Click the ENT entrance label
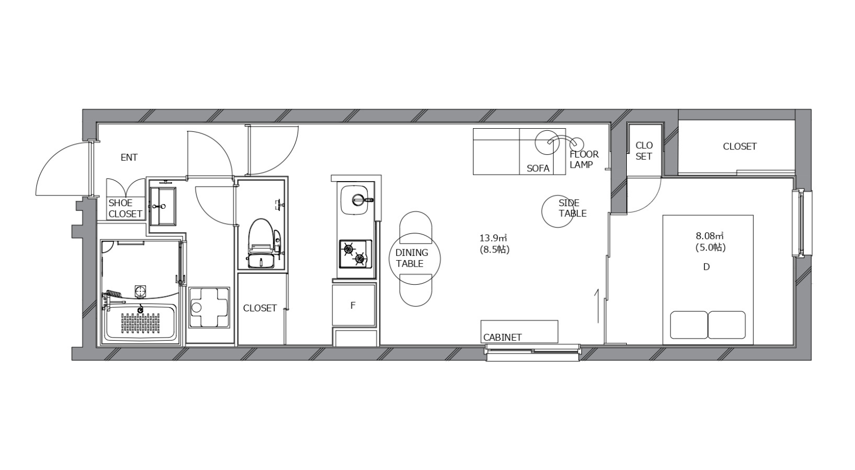129,157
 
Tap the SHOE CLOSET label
125,208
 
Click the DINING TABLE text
411,258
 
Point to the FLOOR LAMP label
584,160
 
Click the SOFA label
538,168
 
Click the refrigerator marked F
354,305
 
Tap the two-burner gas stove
355,254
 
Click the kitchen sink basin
355,200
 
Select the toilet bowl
261,237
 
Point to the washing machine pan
209,307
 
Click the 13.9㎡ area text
493,238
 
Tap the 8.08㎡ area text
710,236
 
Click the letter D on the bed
706,267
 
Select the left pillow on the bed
689,325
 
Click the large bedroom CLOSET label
740,146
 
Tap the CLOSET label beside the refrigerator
260,308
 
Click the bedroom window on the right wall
802,223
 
